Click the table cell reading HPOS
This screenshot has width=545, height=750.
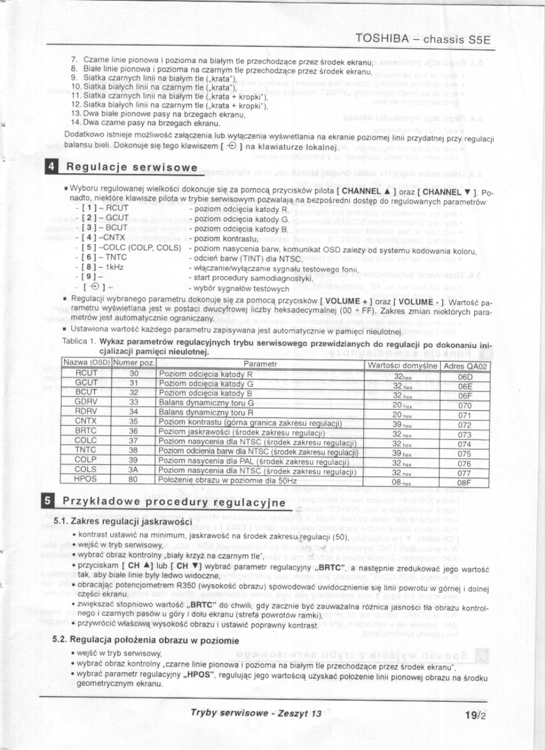tap(87, 479)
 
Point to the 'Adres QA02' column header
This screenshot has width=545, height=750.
tap(465, 365)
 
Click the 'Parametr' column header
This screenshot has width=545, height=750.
tap(260, 365)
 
